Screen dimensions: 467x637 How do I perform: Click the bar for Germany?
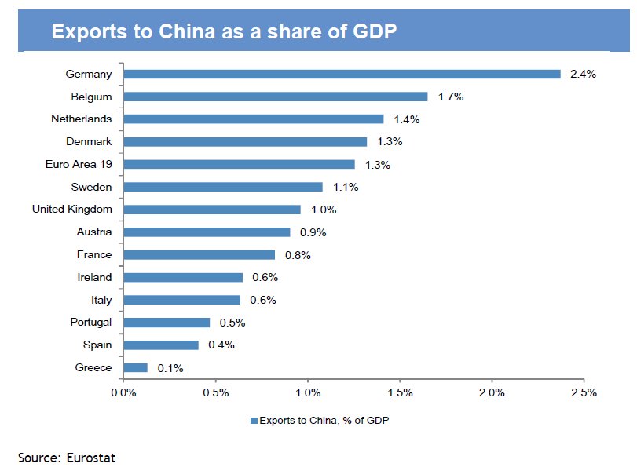[342, 74]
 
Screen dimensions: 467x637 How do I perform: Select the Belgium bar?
[276, 97]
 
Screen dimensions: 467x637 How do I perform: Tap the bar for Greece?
[135, 367]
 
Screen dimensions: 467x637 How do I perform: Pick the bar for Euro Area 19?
[240, 164]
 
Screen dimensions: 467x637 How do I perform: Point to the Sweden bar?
[223, 187]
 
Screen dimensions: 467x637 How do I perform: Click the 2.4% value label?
[584, 74]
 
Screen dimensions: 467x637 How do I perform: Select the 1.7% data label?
[451, 97]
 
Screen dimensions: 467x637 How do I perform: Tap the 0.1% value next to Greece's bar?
[170, 367]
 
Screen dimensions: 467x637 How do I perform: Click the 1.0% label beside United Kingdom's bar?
[324, 210]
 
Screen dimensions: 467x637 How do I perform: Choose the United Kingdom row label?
[72, 210]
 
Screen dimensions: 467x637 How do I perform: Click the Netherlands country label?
[82, 119]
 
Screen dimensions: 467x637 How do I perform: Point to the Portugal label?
[91, 322]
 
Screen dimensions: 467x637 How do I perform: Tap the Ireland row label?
[94, 277]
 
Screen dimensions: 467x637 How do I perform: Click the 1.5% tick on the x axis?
[401, 392]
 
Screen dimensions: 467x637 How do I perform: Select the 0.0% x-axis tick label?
[124, 392]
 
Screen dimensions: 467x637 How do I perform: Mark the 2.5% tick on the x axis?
[584, 392]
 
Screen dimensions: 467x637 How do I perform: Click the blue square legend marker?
[254, 421]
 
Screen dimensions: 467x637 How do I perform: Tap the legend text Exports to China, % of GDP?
[324, 421]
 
